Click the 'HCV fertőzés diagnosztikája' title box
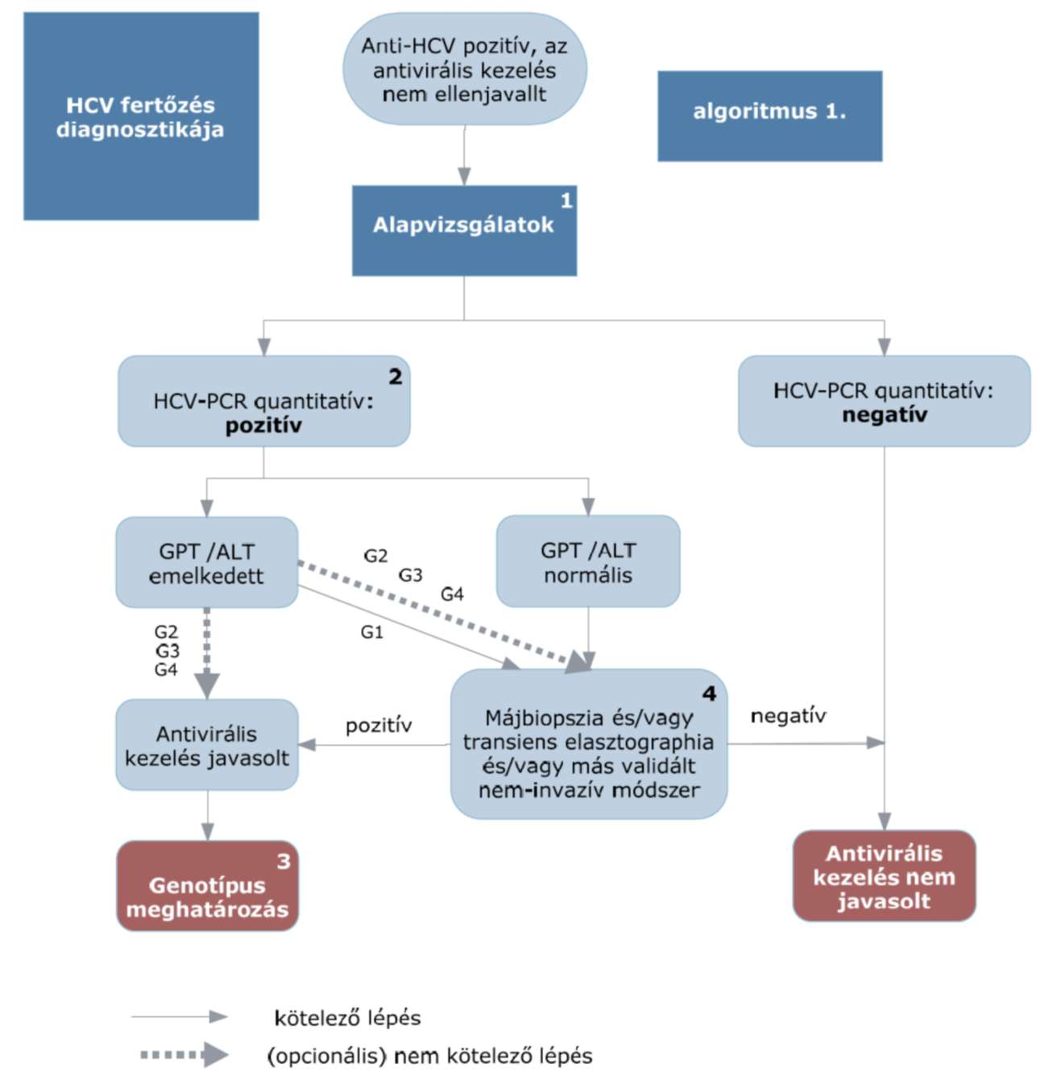(x=141, y=116)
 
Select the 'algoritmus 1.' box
(x=769, y=116)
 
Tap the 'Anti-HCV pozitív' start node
(x=465, y=69)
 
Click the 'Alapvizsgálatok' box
(x=464, y=230)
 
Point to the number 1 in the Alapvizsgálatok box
(x=566, y=201)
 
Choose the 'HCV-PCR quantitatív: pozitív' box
(x=264, y=401)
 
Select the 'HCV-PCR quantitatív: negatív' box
(x=884, y=401)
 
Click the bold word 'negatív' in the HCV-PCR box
(x=885, y=415)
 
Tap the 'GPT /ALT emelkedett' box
(x=207, y=562)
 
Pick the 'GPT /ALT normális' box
(x=588, y=561)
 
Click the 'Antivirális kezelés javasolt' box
(x=207, y=745)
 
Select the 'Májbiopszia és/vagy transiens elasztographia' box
(x=589, y=744)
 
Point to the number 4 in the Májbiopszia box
(x=709, y=694)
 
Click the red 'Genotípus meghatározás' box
(x=208, y=886)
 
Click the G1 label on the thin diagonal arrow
(x=372, y=632)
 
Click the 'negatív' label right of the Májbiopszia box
(x=788, y=716)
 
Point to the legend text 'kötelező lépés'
(x=347, y=1018)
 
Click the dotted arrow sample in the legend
(x=185, y=1055)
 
